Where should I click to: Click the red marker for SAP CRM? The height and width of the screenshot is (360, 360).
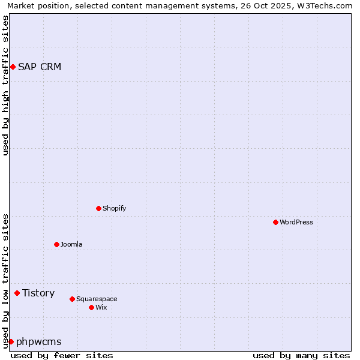tap(13, 67)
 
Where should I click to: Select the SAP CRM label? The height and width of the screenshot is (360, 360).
tap(40, 67)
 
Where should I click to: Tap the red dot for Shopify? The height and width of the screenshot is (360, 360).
tap(99, 208)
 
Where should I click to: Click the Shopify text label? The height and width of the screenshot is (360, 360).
tap(115, 208)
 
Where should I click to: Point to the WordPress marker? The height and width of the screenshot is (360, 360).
tap(275, 222)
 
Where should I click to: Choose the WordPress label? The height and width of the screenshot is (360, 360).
tap(296, 222)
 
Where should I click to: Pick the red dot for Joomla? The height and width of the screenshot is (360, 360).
tap(57, 244)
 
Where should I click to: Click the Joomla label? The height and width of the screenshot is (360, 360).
tap(71, 244)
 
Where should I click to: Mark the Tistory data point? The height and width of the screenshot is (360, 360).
tap(17, 293)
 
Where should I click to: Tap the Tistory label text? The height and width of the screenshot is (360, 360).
tap(38, 293)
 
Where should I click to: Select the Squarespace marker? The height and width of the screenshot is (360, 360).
tap(72, 299)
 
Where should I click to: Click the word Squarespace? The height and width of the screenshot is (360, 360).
tap(97, 299)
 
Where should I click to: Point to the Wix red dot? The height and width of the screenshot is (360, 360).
tap(91, 307)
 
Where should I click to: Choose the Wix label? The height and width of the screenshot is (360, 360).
tap(101, 307)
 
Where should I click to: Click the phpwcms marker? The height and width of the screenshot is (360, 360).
tap(11, 341)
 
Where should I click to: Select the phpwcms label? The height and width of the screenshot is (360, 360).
tap(39, 341)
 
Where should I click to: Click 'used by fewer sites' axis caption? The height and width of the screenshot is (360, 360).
tap(62, 355)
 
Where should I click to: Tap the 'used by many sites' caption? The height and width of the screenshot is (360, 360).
tap(301, 355)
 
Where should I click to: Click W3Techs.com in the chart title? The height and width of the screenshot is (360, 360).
tap(326, 6)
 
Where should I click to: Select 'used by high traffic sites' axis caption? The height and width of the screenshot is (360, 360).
tap(6, 85)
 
